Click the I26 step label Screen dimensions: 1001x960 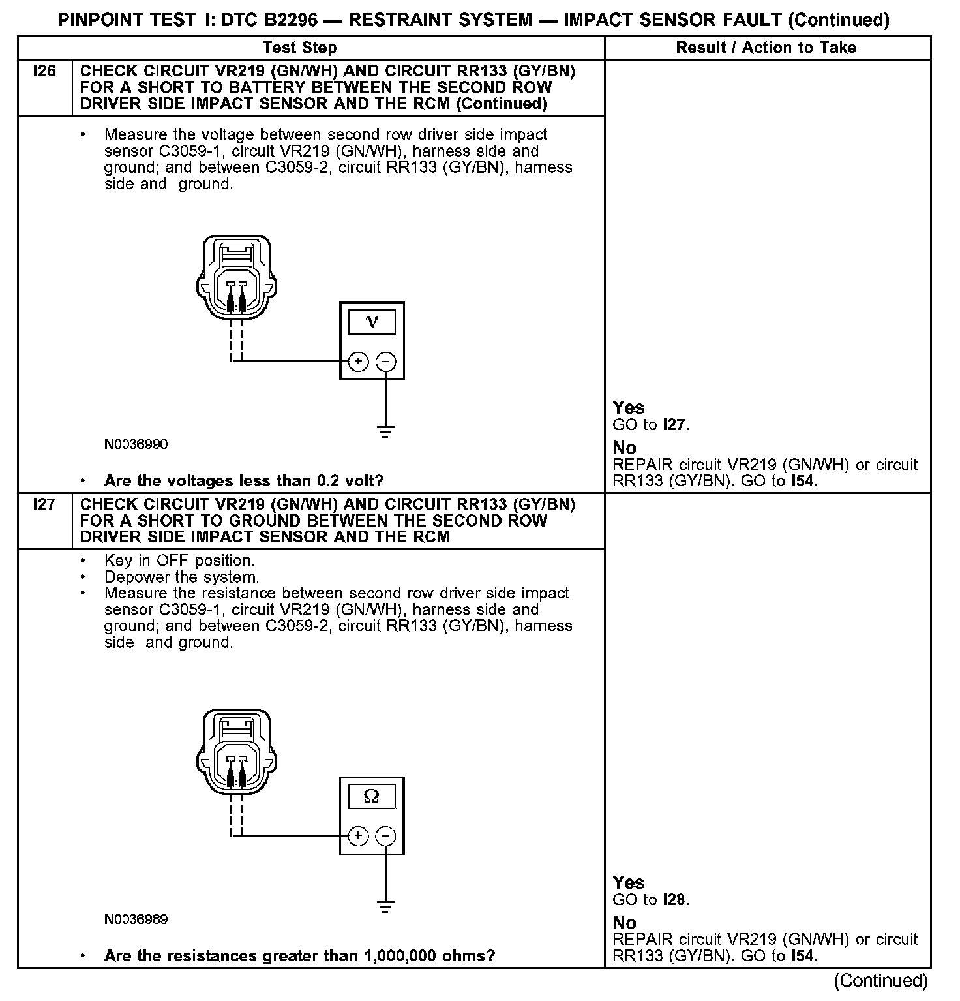click(x=44, y=71)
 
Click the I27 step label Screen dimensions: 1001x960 click(x=44, y=504)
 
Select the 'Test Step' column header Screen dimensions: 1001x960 click(x=299, y=48)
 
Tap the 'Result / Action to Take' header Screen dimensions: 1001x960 click(x=766, y=48)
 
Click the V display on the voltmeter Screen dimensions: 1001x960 click(x=372, y=322)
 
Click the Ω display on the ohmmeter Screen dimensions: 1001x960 click(x=372, y=796)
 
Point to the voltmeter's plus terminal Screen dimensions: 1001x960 click(x=358, y=362)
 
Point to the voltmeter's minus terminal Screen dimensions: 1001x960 click(x=386, y=362)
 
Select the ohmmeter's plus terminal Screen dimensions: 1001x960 click(x=358, y=836)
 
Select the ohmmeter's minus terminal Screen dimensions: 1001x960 click(x=386, y=836)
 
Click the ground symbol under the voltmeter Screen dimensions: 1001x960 click(x=386, y=431)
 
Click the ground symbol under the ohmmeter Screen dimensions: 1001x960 click(x=386, y=906)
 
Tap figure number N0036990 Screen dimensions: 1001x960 click(x=136, y=444)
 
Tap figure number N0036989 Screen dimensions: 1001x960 click(x=136, y=919)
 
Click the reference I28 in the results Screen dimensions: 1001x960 click(x=674, y=900)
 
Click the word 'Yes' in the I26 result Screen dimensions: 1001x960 click(x=629, y=408)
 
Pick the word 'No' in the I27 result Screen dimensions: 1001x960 click(x=624, y=922)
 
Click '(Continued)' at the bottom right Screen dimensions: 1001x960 click(x=880, y=980)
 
